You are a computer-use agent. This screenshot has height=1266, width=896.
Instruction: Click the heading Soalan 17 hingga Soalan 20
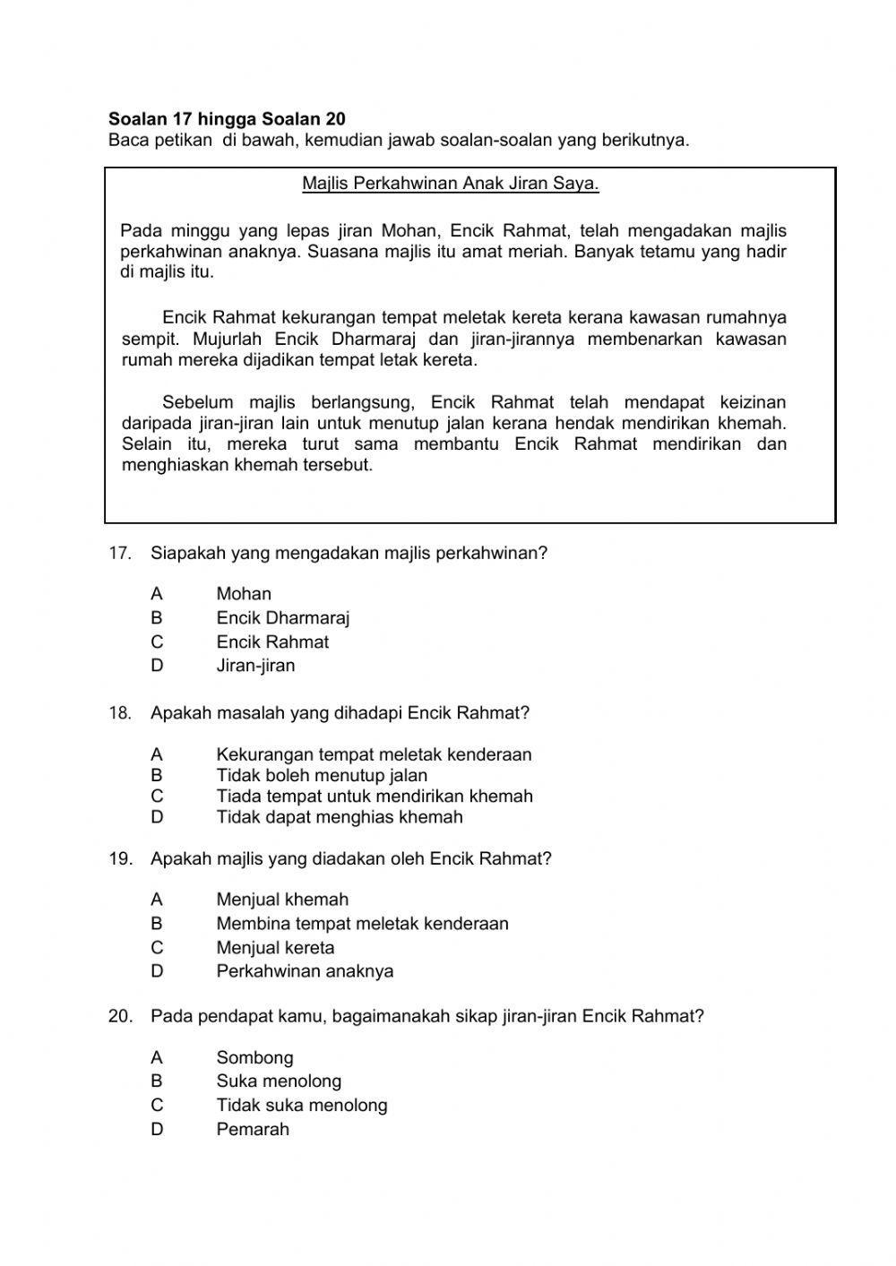(x=227, y=119)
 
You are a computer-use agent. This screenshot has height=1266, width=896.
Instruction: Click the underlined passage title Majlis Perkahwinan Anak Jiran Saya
(x=450, y=185)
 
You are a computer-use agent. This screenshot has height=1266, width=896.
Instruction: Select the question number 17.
(x=119, y=554)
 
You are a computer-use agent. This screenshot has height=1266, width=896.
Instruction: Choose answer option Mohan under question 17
(x=243, y=594)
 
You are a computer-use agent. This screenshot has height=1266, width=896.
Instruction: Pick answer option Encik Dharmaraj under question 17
(x=282, y=618)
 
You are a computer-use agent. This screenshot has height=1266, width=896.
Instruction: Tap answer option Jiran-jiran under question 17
(x=255, y=666)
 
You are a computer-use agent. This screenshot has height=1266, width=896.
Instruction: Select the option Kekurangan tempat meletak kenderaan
(x=374, y=755)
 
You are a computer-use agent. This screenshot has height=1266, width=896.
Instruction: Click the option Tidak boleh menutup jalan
(x=322, y=776)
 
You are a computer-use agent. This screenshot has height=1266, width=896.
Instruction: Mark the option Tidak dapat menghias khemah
(x=340, y=817)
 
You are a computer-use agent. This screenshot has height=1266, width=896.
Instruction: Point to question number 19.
(x=119, y=859)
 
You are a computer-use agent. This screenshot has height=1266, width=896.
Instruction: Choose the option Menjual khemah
(x=282, y=900)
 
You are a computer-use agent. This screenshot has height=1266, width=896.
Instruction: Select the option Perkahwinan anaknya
(x=305, y=971)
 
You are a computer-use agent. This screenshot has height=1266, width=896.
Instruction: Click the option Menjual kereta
(x=275, y=948)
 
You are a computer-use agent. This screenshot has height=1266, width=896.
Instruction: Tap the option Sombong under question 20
(x=254, y=1058)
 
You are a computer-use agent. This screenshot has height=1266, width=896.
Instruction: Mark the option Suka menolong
(x=279, y=1081)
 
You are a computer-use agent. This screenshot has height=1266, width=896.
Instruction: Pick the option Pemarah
(x=253, y=1130)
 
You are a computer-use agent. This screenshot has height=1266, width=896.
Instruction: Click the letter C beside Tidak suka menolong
(x=157, y=1106)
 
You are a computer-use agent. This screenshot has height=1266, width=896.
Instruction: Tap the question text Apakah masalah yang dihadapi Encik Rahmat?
(x=340, y=714)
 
